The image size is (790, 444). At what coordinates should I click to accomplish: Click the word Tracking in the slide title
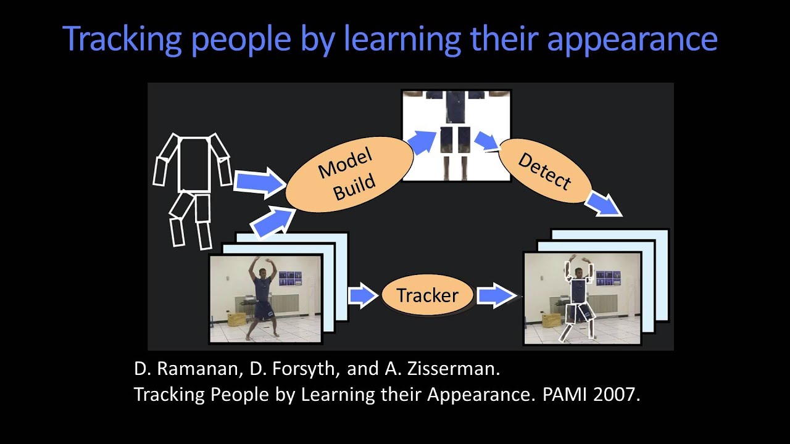tap(122, 39)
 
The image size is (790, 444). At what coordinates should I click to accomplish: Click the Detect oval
tap(544, 171)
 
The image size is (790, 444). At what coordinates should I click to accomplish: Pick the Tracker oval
tap(427, 295)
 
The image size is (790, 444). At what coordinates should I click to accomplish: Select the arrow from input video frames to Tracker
tap(363, 295)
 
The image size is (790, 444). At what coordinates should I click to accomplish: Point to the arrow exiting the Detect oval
tap(603, 204)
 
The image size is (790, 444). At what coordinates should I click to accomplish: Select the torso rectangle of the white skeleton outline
tap(194, 164)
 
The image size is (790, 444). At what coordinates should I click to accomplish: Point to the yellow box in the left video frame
tap(236, 319)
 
